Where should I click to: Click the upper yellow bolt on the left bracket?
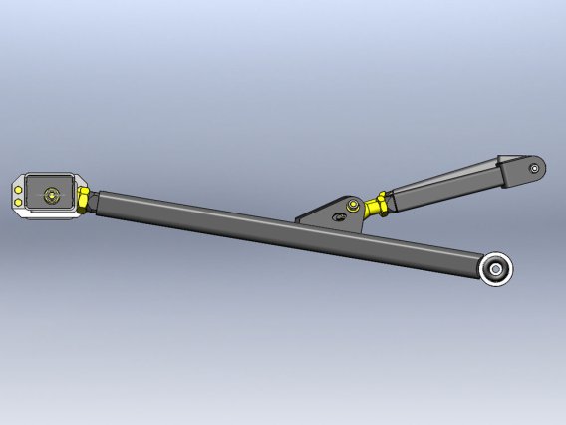point(20,185)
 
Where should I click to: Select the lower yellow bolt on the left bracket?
point(20,204)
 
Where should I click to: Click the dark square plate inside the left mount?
point(49,194)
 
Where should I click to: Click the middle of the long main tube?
point(289,232)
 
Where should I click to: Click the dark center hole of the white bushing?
point(496,269)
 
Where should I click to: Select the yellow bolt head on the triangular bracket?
point(351,206)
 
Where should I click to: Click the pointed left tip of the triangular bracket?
point(297,218)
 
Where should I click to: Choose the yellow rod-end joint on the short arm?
point(376,207)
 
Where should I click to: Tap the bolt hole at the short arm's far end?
point(536,168)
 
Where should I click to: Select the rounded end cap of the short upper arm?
point(523,171)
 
